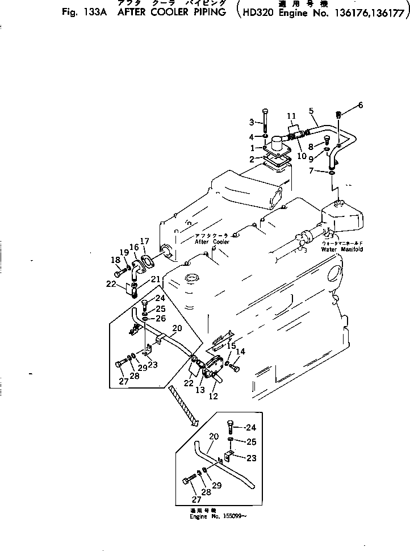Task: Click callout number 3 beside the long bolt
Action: (x=252, y=123)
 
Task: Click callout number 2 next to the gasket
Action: (x=260, y=159)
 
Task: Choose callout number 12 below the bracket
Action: (x=213, y=396)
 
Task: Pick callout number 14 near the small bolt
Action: (x=240, y=352)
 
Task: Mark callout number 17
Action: (x=145, y=241)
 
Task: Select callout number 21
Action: (x=154, y=279)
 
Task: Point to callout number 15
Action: (x=232, y=346)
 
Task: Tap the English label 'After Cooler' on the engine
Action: (x=212, y=241)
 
